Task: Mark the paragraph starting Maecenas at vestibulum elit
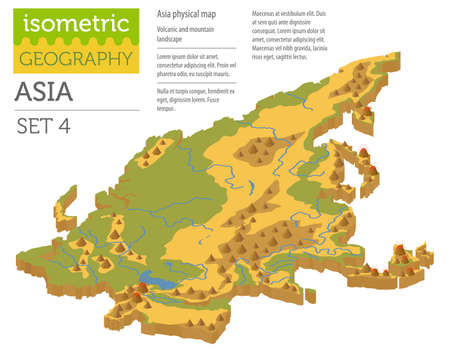coord(291,33)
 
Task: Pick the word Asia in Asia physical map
coord(166,13)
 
